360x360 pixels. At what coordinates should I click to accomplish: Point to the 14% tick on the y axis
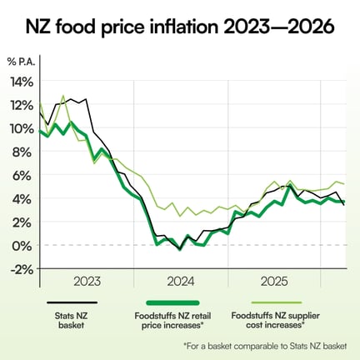(21, 82)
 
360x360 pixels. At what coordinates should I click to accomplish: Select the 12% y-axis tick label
(21, 105)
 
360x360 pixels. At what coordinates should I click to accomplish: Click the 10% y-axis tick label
(21, 128)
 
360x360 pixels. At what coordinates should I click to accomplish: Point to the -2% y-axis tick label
(22, 268)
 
